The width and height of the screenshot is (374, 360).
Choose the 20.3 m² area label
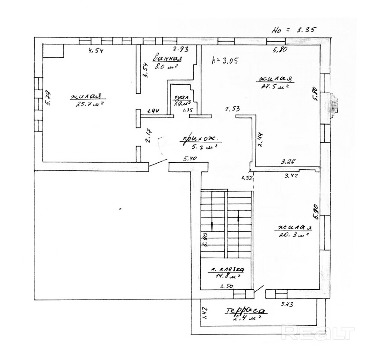click(x=293, y=235)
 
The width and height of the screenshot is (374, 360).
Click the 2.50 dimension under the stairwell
click(x=226, y=286)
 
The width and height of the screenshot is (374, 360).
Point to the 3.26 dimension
click(x=289, y=161)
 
